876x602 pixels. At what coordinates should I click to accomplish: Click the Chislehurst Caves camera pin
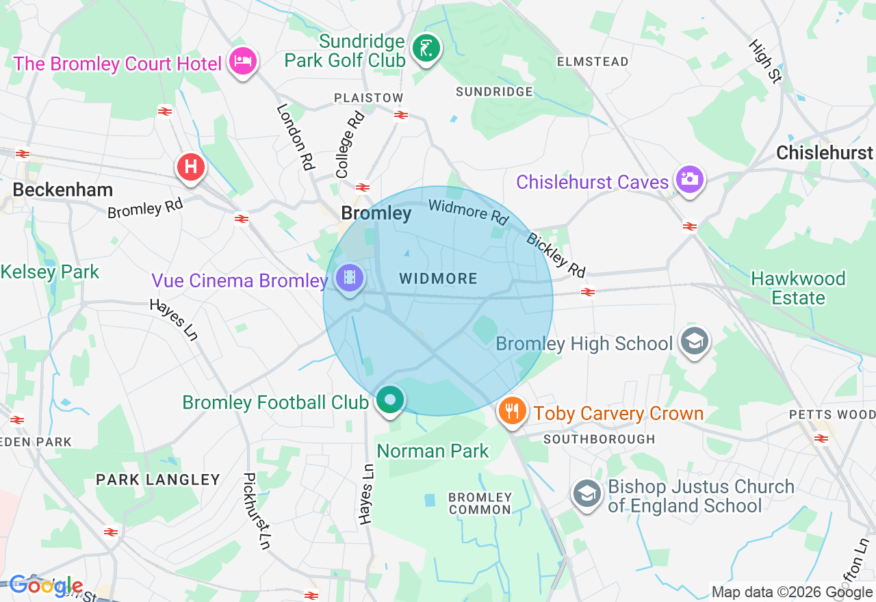tap(689, 179)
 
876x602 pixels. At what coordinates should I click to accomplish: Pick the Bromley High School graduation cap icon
tap(695, 341)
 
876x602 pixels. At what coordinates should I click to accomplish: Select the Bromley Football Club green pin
tap(390, 400)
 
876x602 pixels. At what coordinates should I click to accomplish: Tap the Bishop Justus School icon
tap(587, 494)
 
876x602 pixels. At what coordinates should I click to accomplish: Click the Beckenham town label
tap(62, 189)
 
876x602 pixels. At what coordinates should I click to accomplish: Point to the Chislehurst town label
tap(825, 153)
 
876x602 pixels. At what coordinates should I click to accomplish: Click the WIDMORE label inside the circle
tap(438, 278)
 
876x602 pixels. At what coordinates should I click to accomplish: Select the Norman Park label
tap(433, 451)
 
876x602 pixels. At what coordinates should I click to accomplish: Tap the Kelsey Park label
tap(50, 272)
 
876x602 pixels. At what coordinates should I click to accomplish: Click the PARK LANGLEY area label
tap(158, 480)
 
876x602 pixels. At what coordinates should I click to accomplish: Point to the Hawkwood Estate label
tap(798, 288)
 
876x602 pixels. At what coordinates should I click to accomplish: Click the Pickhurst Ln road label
tap(257, 511)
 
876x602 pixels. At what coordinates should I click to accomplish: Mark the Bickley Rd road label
tap(556, 255)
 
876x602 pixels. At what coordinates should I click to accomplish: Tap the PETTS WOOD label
tap(832, 415)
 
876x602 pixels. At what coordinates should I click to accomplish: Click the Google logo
tap(45, 586)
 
